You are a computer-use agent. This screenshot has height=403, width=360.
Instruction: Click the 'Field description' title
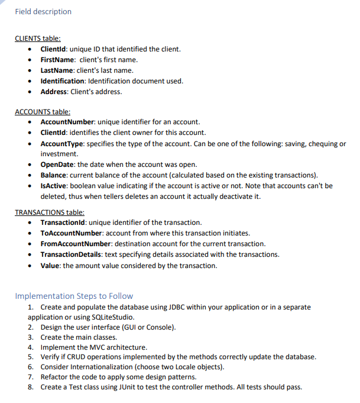click(43, 12)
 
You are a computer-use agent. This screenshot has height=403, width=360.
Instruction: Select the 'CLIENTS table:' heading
click(37, 38)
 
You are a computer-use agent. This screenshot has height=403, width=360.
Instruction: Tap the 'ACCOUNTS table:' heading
click(42, 111)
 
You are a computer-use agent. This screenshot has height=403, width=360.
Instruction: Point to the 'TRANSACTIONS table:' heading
click(49, 212)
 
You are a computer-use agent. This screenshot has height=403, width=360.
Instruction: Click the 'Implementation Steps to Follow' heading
click(74, 296)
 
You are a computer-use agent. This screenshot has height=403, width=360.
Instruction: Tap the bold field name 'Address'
click(54, 92)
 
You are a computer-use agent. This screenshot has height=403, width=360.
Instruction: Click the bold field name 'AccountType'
click(61, 144)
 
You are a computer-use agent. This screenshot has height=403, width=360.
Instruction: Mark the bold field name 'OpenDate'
click(57, 165)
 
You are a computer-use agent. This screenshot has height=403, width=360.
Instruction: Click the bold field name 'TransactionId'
click(64, 223)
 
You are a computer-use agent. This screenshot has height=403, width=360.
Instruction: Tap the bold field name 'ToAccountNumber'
click(72, 233)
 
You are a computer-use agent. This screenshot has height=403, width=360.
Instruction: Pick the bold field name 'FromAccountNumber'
click(76, 244)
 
